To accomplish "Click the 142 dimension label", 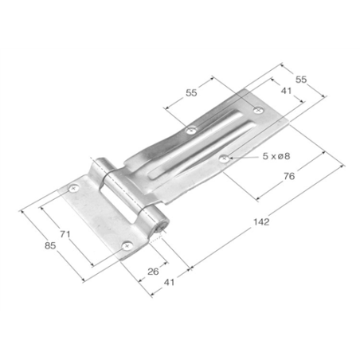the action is [261, 221].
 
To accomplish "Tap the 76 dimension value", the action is [289, 176].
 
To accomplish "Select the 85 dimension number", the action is [50, 245].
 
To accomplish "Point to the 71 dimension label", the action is [65, 234].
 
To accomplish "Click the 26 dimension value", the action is [153, 272].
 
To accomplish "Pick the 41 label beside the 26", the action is [169, 282].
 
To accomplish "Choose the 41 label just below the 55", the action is [286, 91].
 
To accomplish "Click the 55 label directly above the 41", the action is [301, 79].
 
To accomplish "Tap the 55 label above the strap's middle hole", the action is [191, 92].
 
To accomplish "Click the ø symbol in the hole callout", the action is [280, 156].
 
